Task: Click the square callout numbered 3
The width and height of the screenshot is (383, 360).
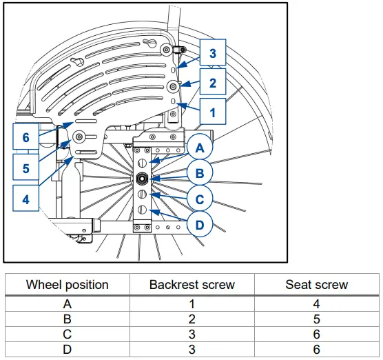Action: (213, 53)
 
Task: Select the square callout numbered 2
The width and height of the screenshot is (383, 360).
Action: (213, 83)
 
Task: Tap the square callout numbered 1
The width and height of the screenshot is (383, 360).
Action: (213, 111)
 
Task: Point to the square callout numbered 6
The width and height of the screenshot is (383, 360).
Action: (26, 137)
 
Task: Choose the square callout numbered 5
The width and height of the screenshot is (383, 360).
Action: (26, 168)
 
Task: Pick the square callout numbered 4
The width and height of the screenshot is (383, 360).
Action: (26, 200)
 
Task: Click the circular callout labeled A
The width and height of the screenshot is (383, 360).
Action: (200, 148)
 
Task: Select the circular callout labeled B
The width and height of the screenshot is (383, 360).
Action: (200, 174)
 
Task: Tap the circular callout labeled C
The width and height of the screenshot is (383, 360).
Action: (200, 199)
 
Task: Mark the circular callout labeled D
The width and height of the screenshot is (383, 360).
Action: (200, 225)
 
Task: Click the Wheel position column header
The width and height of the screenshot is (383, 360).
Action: (67, 284)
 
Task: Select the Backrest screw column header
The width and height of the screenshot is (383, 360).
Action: (191, 284)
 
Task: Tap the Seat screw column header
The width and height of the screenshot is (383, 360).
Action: (316, 284)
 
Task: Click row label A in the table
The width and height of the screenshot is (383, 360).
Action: (67, 303)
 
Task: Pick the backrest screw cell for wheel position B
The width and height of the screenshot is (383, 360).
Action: (191, 319)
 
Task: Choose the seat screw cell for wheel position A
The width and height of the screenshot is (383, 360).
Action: (316, 303)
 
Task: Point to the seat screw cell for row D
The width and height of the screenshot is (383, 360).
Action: (316, 350)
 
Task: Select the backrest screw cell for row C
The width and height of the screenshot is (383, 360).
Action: (191, 334)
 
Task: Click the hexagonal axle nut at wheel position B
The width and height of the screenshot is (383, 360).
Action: (141, 178)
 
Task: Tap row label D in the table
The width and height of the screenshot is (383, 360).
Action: (67, 350)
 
